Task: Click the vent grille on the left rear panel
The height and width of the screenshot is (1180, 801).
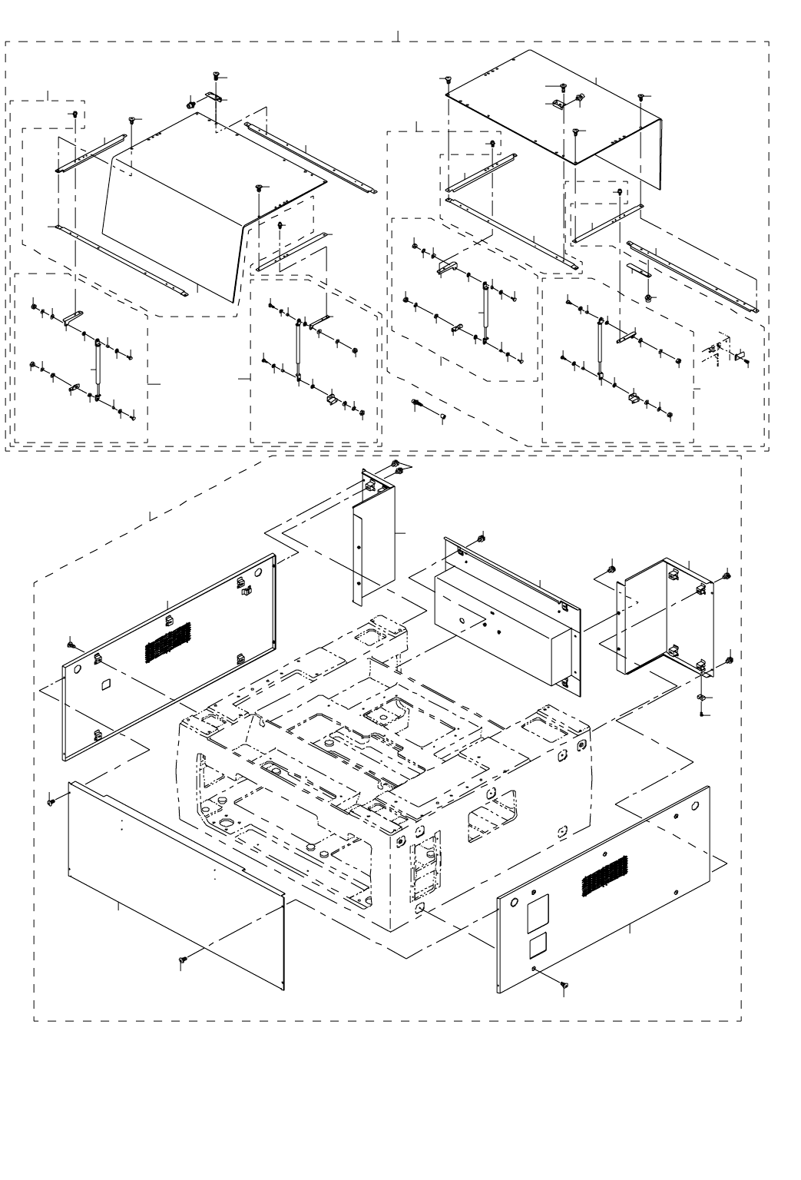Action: click(167, 641)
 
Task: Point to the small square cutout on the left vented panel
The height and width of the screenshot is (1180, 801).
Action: click(107, 682)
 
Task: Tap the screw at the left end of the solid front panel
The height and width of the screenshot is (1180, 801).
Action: click(51, 802)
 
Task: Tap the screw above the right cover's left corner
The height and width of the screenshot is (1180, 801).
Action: click(448, 80)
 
